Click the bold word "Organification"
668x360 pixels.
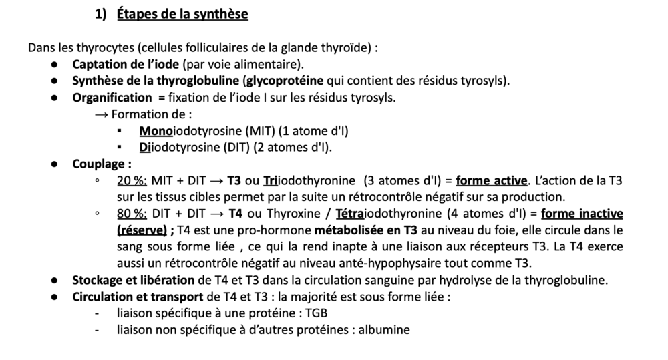click(x=112, y=98)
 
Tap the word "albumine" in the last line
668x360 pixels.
click(x=384, y=329)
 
